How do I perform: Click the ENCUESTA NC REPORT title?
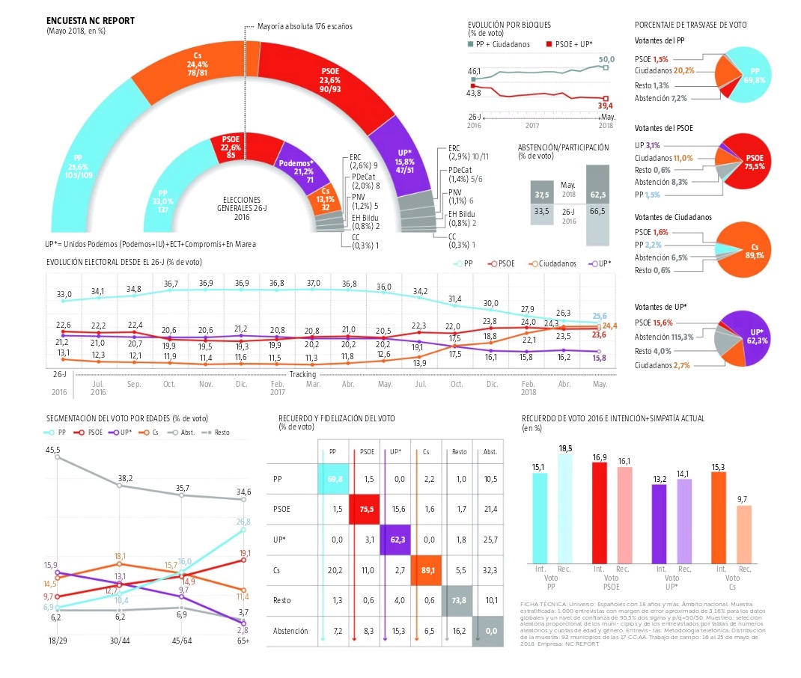pos(91,20)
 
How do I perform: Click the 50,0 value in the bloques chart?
pos(606,59)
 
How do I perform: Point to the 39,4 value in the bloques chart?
pos(606,106)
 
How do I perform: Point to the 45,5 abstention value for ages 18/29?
pos(53,450)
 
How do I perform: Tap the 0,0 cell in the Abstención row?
pos(490,632)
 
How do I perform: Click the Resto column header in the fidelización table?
pos(459,452)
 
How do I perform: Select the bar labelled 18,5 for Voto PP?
pos(564,508)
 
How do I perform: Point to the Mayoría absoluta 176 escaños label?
pos(304,26)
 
